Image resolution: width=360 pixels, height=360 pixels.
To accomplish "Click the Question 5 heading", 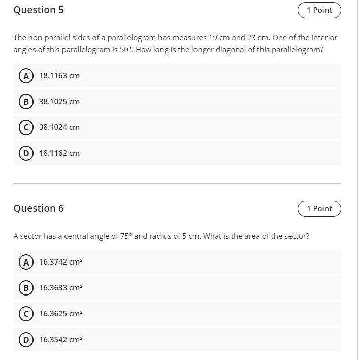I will (39, 10).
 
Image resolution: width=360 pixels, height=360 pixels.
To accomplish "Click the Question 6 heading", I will (39, 209).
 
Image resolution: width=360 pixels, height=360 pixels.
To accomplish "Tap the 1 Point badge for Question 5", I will (319, 10).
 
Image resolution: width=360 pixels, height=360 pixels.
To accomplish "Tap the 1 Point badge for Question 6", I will (319, 209).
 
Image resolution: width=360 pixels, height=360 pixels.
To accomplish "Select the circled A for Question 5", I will (24, 76).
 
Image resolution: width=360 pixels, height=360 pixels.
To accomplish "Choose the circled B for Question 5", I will (24, 102).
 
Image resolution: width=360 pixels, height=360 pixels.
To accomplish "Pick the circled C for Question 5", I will (24, 127).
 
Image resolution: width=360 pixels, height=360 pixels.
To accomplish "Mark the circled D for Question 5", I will (24, 153).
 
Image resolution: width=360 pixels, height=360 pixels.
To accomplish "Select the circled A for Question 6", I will (24, 262).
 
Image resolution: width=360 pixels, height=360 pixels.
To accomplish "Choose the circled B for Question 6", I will (24, 288).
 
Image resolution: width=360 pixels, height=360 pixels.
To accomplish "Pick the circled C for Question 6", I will (24, 314).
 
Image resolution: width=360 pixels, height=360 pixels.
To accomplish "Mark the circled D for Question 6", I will (24, 340).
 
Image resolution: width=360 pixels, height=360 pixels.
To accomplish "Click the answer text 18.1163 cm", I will (59, 76).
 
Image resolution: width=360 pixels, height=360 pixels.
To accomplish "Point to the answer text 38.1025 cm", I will (59, 102).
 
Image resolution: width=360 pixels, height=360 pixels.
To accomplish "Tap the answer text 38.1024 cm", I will (59, 127).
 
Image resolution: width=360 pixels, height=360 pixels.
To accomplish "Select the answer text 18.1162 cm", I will (59, 153).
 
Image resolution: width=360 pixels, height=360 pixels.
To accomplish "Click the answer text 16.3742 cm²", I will (61, 262).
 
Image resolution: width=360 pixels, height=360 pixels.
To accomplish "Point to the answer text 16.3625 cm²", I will (61, 314).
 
